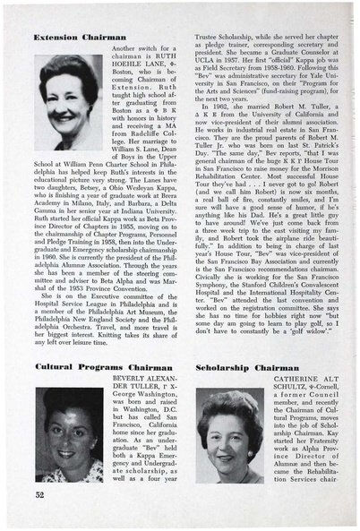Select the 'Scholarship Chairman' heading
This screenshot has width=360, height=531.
click(x=244, y=367)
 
